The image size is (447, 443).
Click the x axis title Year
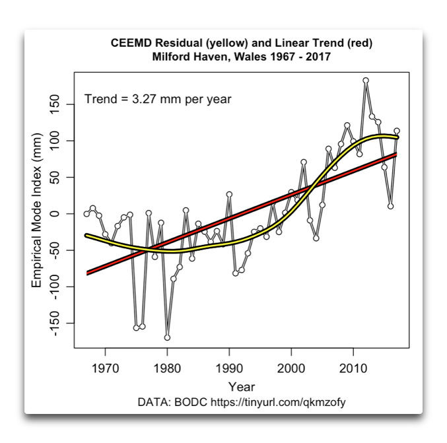click(x=241, y=386)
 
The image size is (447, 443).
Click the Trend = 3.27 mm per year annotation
click(x=158, y=100)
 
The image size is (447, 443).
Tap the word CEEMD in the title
click(x=132, y=44)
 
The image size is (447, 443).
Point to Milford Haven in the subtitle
click(x=186, y=57)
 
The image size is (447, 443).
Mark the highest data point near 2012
click(x=366, y=81)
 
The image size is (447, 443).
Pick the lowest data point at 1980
click(x=167, y=337)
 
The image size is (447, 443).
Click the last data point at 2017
click(x=397, y=131)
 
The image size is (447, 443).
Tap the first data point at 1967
click(x=86, y=214)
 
